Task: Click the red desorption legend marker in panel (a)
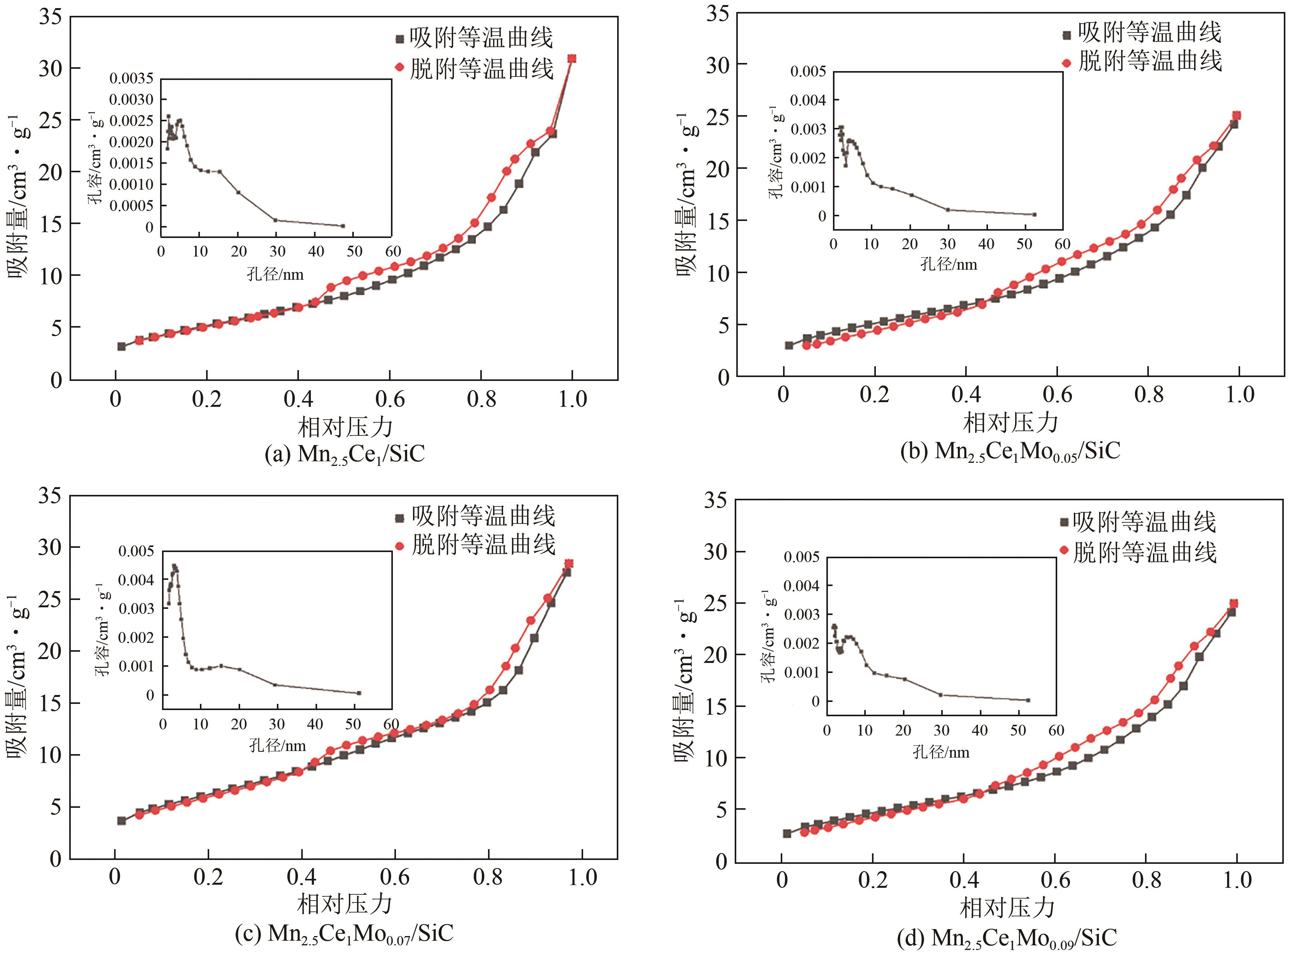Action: click(x=399, y=67)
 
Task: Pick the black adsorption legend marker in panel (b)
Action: click(x=1067, y=35)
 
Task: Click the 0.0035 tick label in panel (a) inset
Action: click(x=132, y=79)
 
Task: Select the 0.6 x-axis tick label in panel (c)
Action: click(x=394, y=877)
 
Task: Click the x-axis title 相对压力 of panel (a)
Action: click(x=345, y=427)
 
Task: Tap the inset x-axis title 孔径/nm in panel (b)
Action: click(x=949, y=265)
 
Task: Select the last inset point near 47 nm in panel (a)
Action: click(x=343, y=226)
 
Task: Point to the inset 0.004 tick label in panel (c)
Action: click(x=136, y=579)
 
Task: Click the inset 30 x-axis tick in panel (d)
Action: click(x=941, y=731)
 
